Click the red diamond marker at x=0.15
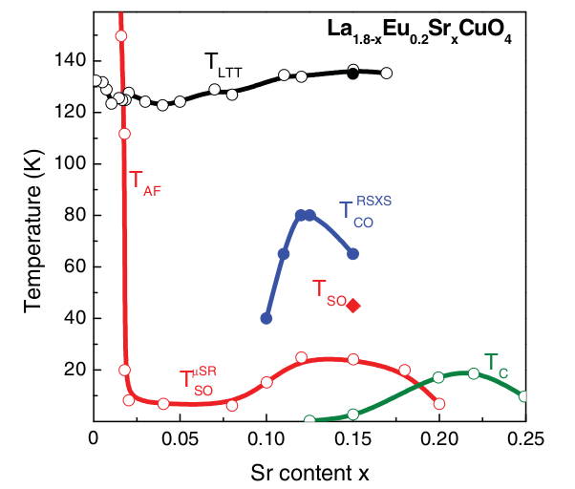pyautogui.click(x=353, y=306)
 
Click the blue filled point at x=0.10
pyautogui.click(x=266, y=318)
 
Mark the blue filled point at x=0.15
pyautogui.click(x=353, y=254)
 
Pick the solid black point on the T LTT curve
pyautogui.click(x=353, y=74)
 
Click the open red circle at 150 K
pyautogui.click(x=120, y=36)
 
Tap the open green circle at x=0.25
pyautogui.click(x=524, y=396)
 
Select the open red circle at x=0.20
pyautogui.click(x=439, y=404)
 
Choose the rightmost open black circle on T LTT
pyautogui.click(x=387, y=73)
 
